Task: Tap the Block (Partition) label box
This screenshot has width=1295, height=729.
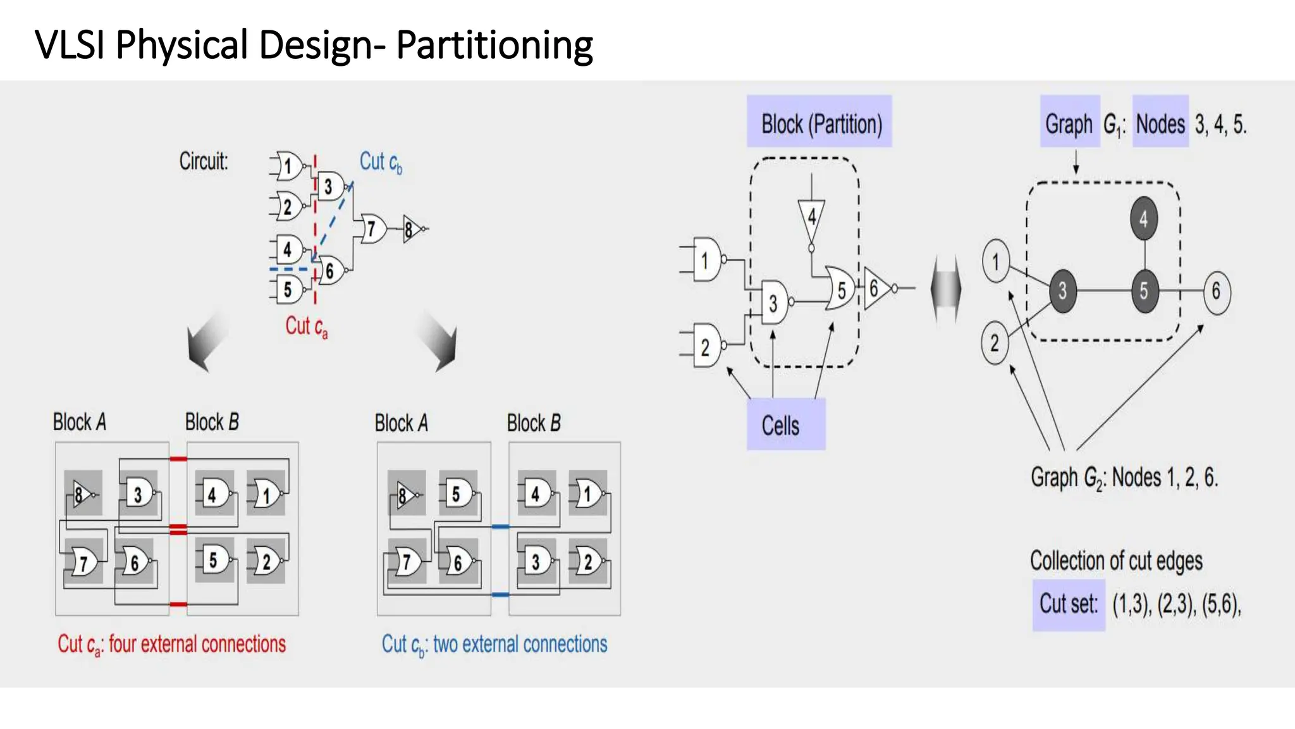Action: (x=820, y=122)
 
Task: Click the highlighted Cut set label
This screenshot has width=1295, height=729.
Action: (x=1068, y=604)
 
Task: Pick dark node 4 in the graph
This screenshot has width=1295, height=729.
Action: (x=1143, y=219)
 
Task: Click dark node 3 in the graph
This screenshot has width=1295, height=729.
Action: (x=1062, y=290)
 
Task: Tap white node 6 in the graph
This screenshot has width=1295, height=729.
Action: (x=1216, y=292)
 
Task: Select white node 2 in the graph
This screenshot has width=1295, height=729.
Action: (x=995, y=344)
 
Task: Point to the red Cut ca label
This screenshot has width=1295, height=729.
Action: (x=306, y=327)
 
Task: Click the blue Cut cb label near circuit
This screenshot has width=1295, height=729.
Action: (x=381, y=162)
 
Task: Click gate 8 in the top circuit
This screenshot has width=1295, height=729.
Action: (x=411, y=229)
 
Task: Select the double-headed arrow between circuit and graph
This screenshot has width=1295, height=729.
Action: (x=946, y=289)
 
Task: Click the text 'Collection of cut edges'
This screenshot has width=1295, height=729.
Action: (x=1116, y=561)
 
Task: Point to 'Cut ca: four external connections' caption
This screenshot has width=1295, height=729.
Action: (x=172, y=644)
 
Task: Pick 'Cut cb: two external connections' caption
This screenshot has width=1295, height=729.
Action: (x=494, y=644)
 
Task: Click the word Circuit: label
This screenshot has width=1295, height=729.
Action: (x=203, y=161)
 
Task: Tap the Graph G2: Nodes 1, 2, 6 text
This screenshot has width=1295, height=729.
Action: (x=1124, y=477)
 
